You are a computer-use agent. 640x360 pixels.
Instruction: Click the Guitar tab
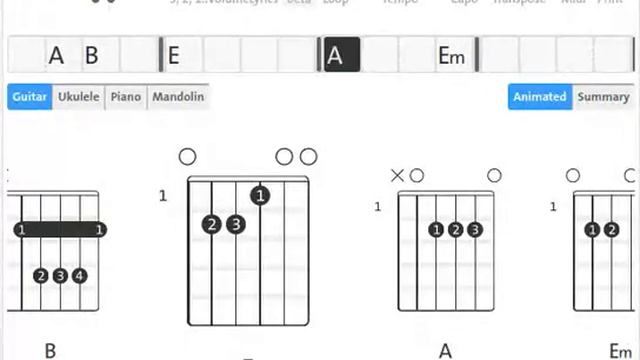(x=30, y=97)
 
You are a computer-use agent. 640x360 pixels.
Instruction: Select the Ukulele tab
(x=78, y=97)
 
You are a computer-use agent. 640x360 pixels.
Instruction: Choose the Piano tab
(x=125, y=97)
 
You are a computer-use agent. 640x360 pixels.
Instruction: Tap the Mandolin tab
(x=178, y=97)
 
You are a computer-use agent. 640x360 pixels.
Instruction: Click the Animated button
(x=540, y=97)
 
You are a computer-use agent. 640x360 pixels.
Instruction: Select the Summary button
(x=603, y=97)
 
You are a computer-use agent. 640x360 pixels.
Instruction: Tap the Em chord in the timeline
(x=452, y=56)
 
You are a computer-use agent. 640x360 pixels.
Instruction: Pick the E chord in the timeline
(x=173, y=56)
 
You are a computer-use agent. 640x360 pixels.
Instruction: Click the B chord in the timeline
(x=91, y=56)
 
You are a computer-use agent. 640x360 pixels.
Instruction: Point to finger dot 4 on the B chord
(x=79, y=275)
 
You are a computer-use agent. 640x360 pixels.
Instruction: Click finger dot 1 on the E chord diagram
(x=260, y=195)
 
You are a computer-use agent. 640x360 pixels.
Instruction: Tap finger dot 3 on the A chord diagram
(x=475, y=230)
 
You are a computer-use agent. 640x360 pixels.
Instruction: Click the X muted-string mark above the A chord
(x=397, y=176)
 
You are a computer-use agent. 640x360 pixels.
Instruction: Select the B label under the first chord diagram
(x=50, y=351)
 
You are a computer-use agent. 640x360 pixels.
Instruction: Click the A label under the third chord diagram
(x=445, y=351)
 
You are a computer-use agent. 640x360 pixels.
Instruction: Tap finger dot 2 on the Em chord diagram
(x=611, y=230)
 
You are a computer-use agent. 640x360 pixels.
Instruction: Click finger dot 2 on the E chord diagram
(x=211, y=224)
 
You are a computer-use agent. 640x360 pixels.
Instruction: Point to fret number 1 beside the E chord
(x=163, y=196)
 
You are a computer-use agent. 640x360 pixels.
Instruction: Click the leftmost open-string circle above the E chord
(x=187, y=156)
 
